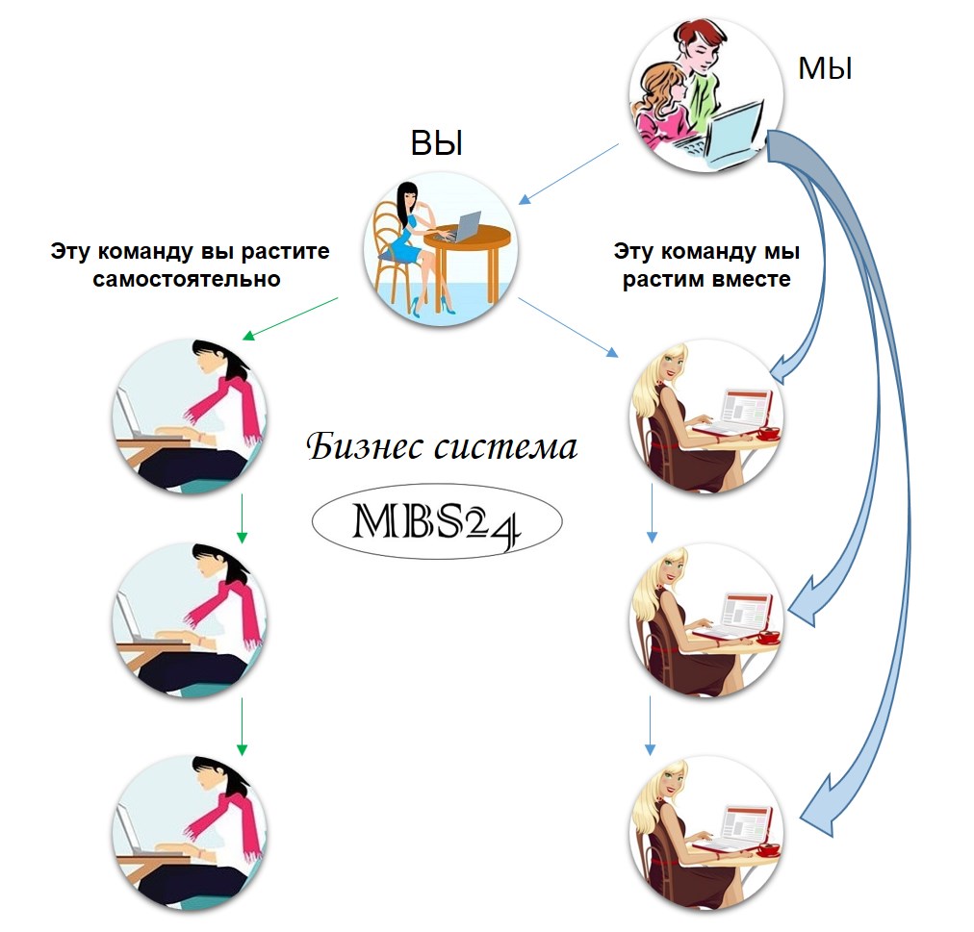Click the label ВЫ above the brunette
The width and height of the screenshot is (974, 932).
pyautogui.click(x=437, y=144)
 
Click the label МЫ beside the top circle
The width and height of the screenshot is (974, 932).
pyautogui.click(x=825, y=69)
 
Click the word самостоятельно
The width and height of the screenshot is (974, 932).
pyautogui.click(x=188, y=280)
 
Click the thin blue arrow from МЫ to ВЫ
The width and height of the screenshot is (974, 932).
pyautogui.click(x=568, y=174)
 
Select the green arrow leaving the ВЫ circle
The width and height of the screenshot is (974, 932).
pyautogui.click(x=290, y=319)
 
